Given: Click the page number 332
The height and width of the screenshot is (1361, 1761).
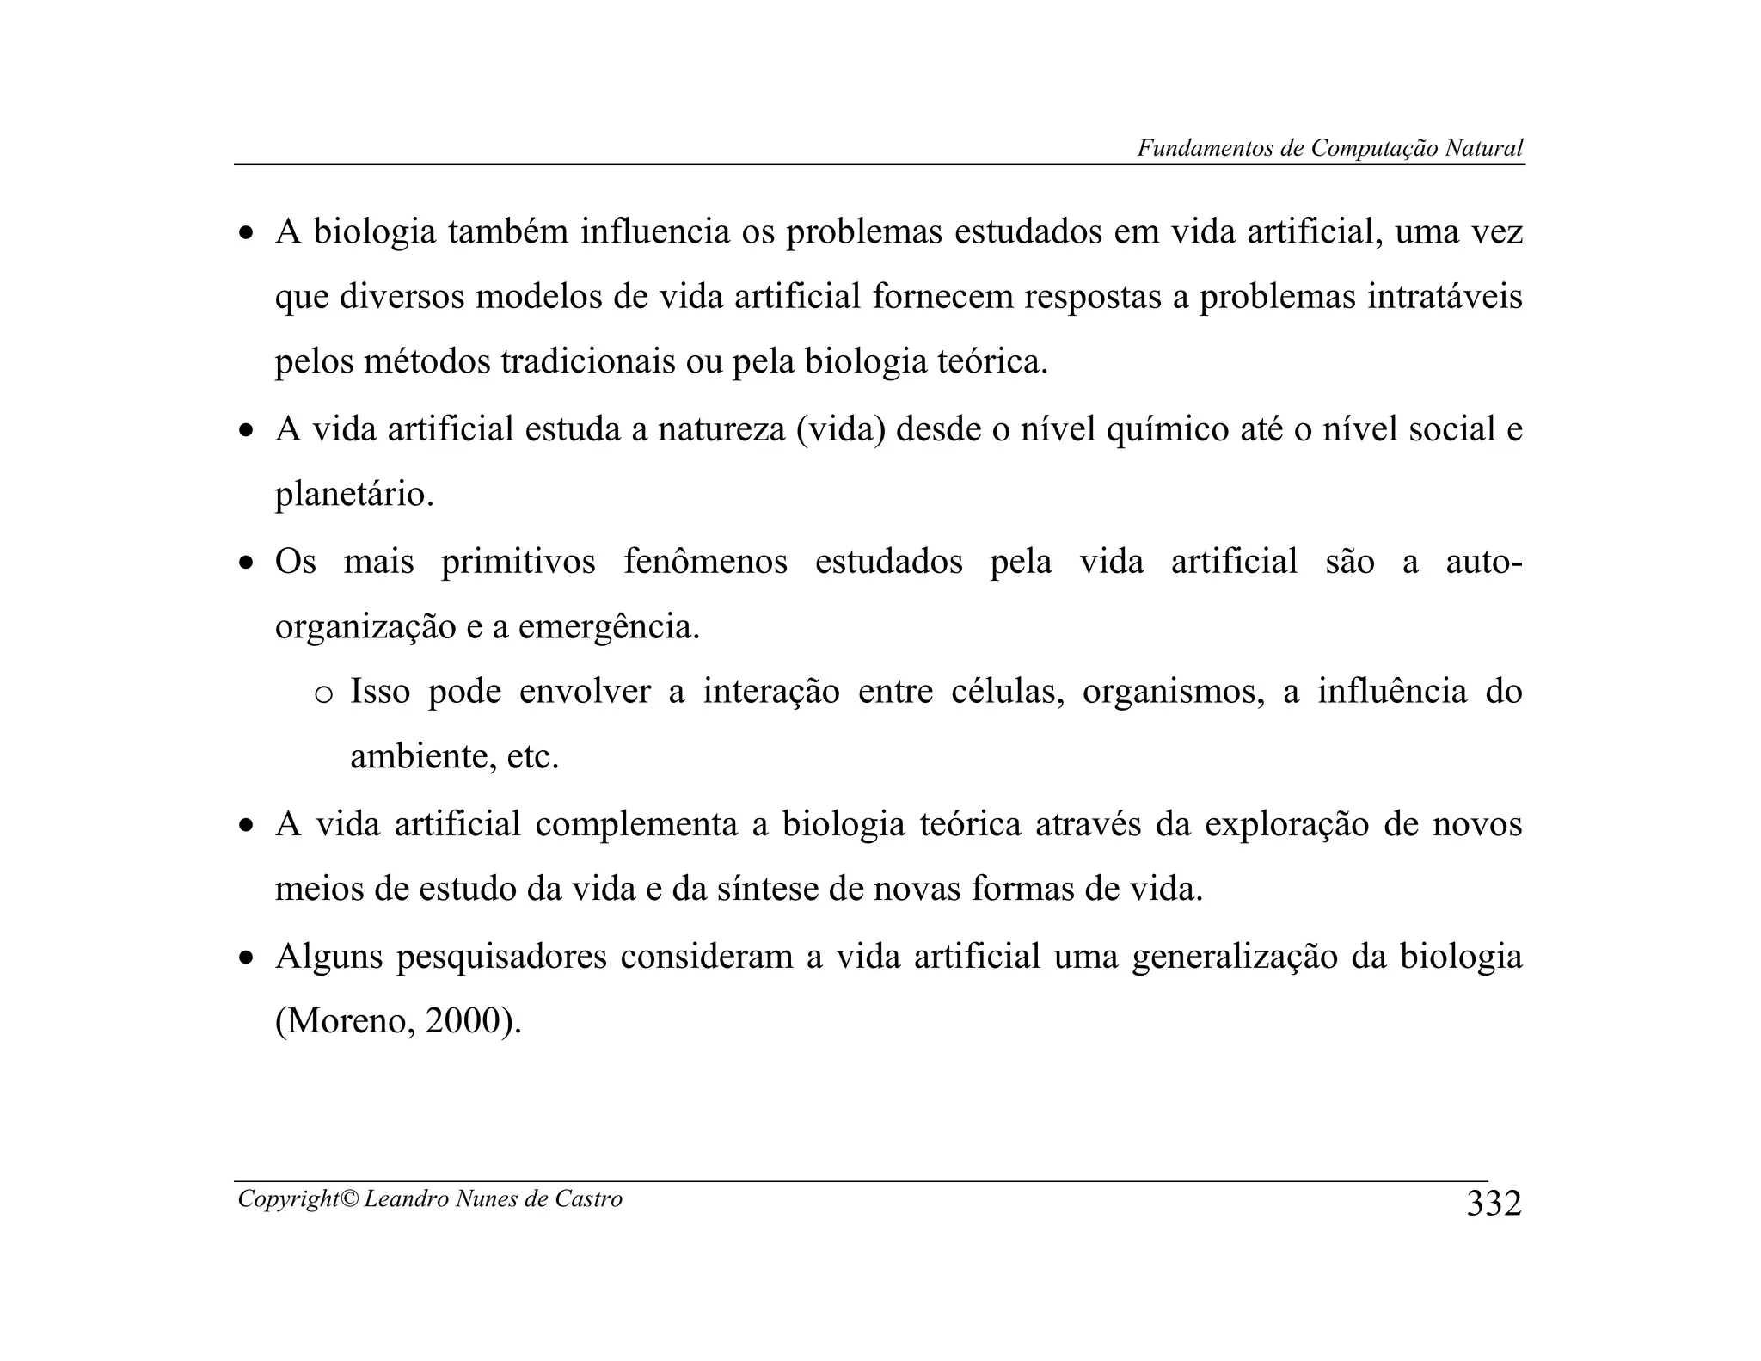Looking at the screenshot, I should pyautogui.click(x=1494, y=1204).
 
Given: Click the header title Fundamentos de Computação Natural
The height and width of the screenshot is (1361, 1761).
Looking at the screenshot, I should pyautogui.click(x=1330, y=148).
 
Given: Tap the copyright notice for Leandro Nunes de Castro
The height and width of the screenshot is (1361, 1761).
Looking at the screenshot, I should pyautogui.click(x=430, y=1198).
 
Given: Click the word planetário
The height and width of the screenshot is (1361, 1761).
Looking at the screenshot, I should pyautogui.click(x=354, y=495).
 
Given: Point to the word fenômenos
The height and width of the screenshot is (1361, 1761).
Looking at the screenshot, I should pyautogui.click(x=705, y=562).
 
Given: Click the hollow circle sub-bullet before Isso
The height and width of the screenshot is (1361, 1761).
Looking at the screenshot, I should pyautogui.click(x=324, y=694).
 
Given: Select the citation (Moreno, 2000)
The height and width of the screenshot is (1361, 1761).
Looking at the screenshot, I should pyautogui.click(x=398, y=1021).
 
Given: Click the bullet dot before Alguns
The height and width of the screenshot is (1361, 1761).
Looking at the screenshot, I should pyautogui.click(x=247, y=958).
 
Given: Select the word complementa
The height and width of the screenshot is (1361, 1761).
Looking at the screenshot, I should pyautogui.click(x=636, y=824).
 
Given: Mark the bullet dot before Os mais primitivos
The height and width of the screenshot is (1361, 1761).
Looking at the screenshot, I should pyautogui.click(x=247, y=564).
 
